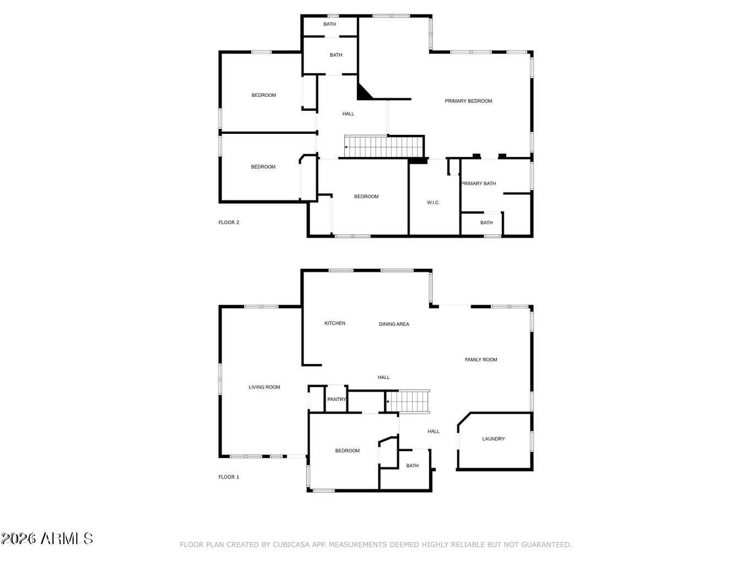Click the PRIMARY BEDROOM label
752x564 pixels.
point(468,101)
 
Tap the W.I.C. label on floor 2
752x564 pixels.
point(433,202)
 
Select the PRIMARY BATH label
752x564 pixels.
point(479,183)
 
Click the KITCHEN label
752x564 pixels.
point(335,323)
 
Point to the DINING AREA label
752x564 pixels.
point(394,324)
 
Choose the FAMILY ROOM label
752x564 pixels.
point(480,360)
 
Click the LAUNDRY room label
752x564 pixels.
point(493,438)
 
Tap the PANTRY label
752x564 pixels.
point(337,399)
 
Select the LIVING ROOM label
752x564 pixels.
point(264,387)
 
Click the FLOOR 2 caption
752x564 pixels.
point(229,223)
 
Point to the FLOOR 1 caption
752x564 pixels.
point(229,476)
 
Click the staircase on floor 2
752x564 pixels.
point(383,147)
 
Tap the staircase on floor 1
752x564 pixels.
point(408,402)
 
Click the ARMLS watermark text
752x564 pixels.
point(67,539)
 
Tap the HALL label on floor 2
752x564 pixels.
point(348,113)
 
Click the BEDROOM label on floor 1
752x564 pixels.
point(348,451)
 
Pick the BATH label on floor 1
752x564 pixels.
point(412,465)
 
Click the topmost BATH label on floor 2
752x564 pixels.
point(329,24)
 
